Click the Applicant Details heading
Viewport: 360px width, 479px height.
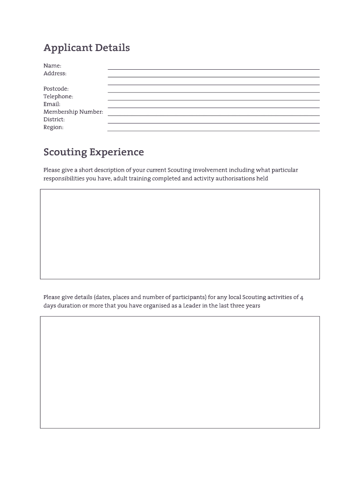pyautogui.click(x=86, y=48)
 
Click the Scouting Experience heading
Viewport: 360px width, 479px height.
pyautogui.click(x=94, y=152)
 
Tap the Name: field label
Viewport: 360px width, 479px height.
pyautogui.click(x=52, y=66)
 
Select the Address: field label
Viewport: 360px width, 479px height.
pyautogui.click(x=55, y=73)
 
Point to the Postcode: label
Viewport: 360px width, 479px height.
pyautogui.click(x=56, y=89)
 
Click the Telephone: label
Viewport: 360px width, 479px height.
pyautogui.click(x=58, y=96)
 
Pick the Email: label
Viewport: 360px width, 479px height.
pyautogui.click(x=52, y=104)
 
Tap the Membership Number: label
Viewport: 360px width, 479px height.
pyautogui.click(x=73, y=112)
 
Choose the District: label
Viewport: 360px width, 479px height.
pyautogui.click(x=54, y=120)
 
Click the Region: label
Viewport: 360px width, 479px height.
pyautogui.click(x=53, y=127)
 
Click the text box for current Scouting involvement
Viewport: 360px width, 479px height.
pyautogui.click(x=180, y=234)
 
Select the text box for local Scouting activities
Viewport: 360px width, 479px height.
pyautogui.click(x=180, y=372)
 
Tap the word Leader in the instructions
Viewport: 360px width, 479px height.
pyautogui.click(x=192, y=306)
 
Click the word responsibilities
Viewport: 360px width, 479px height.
pyautogui.click(x=64, y=179)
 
